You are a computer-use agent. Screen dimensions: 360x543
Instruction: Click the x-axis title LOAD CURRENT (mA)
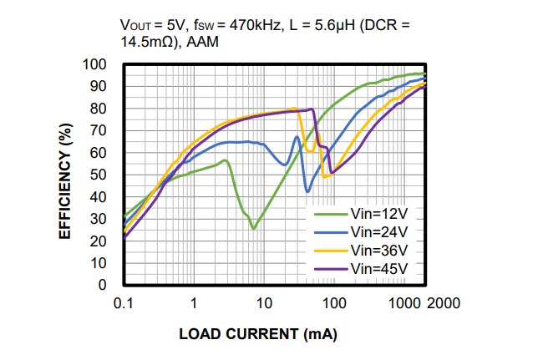click(x=258, y=334)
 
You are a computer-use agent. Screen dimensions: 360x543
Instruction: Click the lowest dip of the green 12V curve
click(x=253, y=227)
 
